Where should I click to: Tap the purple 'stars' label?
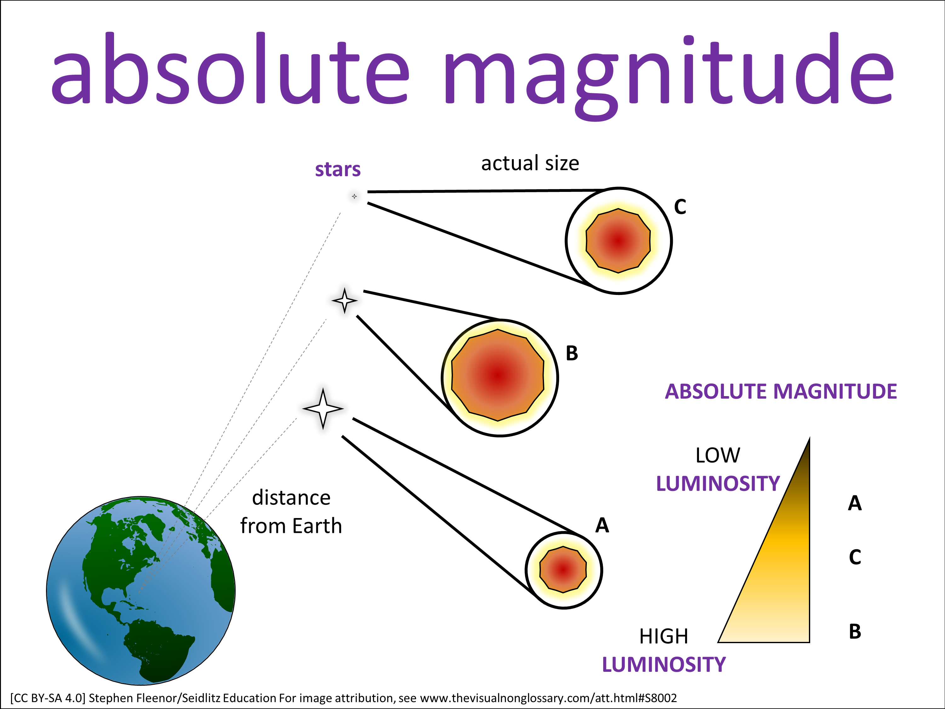337,169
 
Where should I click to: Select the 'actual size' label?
530,163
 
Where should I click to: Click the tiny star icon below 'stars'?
354,197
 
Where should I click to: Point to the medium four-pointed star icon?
344,300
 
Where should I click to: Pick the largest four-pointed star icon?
323,409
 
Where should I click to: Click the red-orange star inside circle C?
618,241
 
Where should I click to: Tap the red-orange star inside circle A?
563,569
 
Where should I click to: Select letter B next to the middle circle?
572,354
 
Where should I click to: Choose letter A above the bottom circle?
602,525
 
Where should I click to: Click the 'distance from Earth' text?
291,511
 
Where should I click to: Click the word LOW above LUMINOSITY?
717,455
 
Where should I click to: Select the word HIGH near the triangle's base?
663,636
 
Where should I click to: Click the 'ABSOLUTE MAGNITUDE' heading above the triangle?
781,391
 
